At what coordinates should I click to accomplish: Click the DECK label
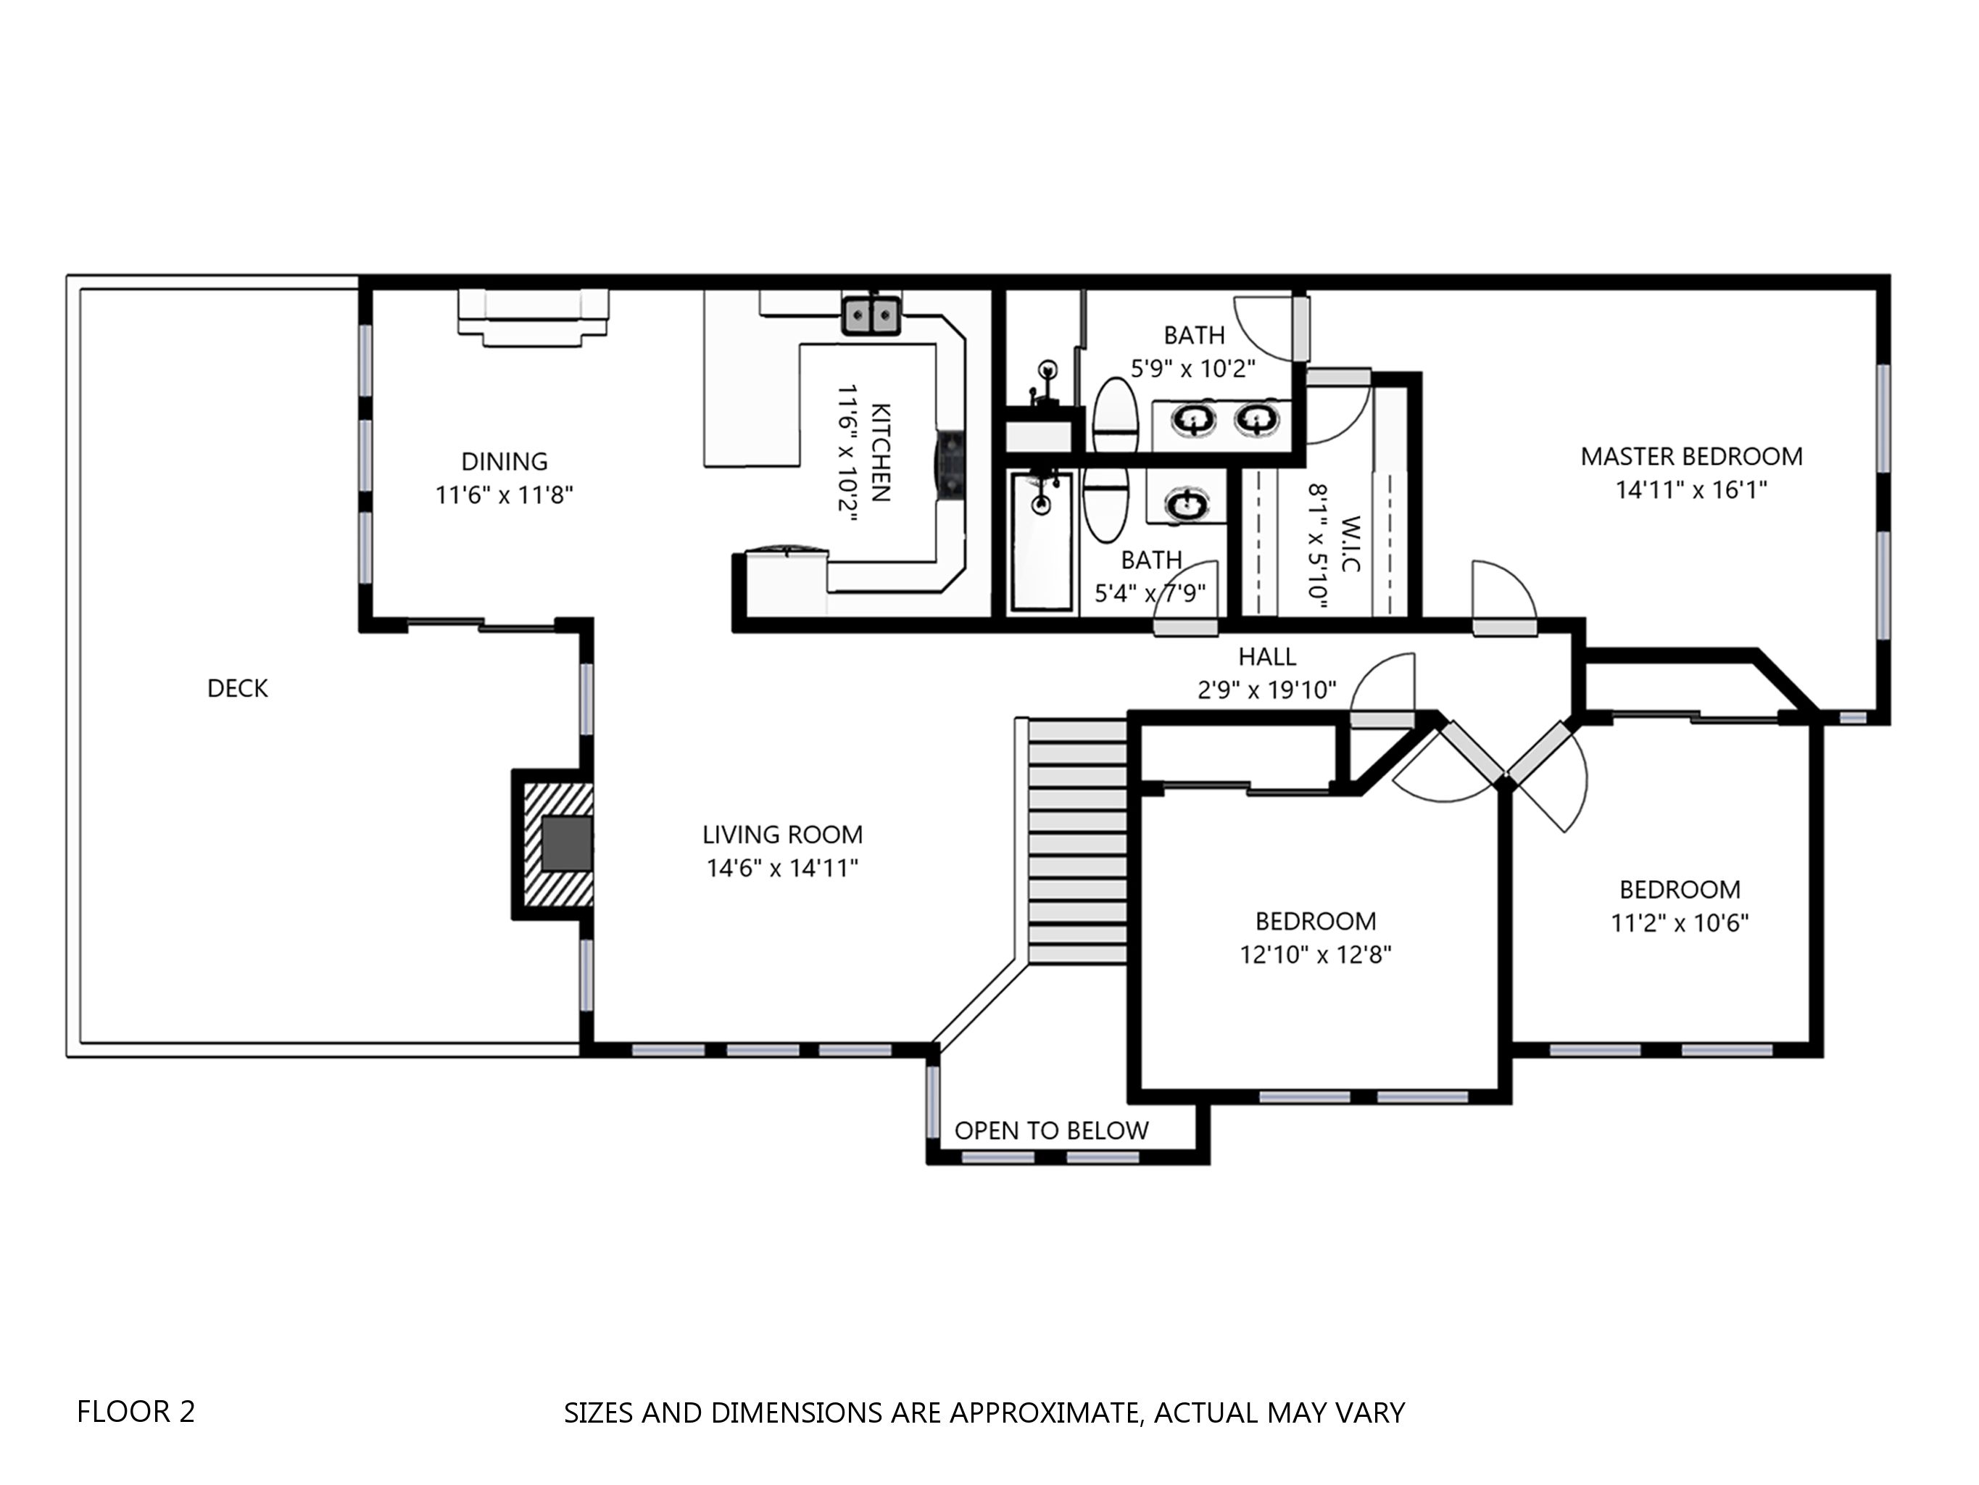click(237, 688)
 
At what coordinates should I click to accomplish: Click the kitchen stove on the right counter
click(950, 462)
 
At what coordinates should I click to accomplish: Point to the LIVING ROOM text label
click(782, 835)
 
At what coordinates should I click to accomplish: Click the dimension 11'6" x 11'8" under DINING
click(504, 495)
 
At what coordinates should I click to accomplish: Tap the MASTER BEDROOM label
click(1691, 457)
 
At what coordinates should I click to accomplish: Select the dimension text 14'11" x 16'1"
click(1691, 490)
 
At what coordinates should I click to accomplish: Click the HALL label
click(1267, 657)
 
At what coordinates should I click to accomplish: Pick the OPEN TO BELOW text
click(1051, 1130)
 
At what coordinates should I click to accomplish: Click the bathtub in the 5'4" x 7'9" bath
click(1042, 542)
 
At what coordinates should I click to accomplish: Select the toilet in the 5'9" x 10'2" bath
click(1115, 415)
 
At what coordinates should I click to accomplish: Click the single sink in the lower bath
click(1187, 505)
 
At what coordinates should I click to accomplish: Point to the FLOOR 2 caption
click(136, 1412)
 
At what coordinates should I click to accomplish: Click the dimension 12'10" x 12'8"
click(1315, 955)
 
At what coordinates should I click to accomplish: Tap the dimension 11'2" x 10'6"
click(1680, 923)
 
